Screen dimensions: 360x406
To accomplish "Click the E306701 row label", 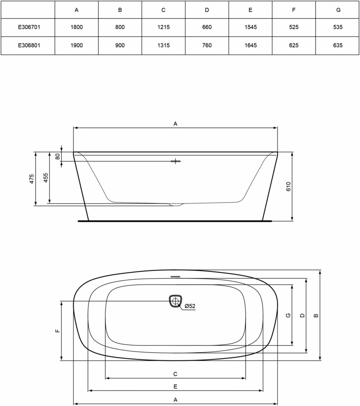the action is (29, 27).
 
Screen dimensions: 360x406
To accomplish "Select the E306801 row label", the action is (29, 45).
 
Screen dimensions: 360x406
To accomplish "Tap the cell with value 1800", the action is (77, 27).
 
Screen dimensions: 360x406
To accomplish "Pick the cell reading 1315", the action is (163, 45).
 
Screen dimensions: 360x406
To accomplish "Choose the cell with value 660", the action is (207, 27).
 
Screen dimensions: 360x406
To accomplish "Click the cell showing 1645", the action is (251, 45).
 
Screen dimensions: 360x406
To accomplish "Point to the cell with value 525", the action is (294, 27).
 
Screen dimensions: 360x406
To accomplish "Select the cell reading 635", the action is (338, 45).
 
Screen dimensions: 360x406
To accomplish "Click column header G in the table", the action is (338, 10).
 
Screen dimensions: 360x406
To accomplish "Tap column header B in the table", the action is (120, 10).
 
